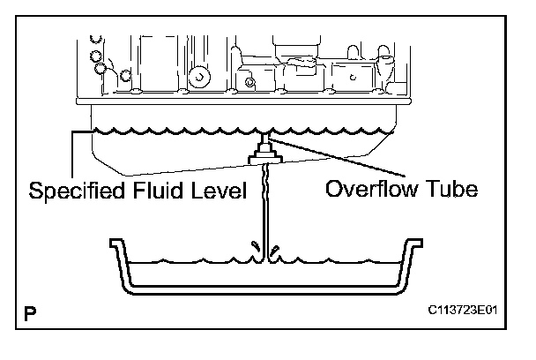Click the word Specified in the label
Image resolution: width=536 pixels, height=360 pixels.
(x=74, y=191)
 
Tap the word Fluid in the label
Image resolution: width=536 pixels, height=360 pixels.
(x=157, y=191)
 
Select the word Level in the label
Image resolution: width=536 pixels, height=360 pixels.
(x=218, y=191)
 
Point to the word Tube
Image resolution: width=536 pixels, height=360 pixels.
(x=450, y=189)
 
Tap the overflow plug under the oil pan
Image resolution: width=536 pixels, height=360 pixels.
(x=263, y=157)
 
